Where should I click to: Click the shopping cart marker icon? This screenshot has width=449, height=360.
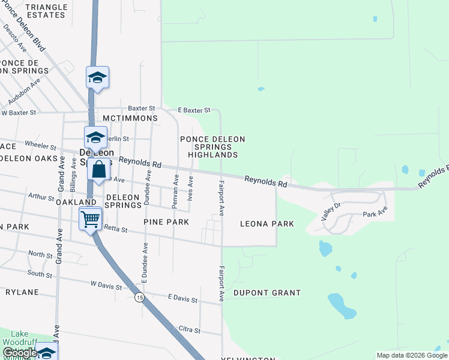coord(91,220)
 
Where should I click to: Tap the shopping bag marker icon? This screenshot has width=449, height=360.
coord(99,170)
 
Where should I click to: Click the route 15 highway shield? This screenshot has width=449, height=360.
coord(139,298)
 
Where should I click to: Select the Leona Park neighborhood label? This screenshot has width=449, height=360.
coord(267,224)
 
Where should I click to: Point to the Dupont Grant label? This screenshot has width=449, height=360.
coord(267,293)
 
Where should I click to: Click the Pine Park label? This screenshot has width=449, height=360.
coord(166,222)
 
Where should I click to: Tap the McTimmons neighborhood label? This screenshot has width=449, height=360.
coord(130,118)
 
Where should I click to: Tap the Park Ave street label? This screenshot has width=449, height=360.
coord(375,212)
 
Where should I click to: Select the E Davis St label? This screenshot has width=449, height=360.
coord(182,298)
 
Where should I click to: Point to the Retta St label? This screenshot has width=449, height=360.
coord(113,228)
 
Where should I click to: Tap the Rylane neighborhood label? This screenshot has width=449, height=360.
coord(22,292)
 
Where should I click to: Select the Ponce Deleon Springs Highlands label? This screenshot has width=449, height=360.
coord(213,147)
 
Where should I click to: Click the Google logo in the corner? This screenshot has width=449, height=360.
coord(19,353)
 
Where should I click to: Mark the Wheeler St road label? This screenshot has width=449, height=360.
coord(40,145)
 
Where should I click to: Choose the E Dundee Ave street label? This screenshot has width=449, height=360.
coord(145,262)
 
